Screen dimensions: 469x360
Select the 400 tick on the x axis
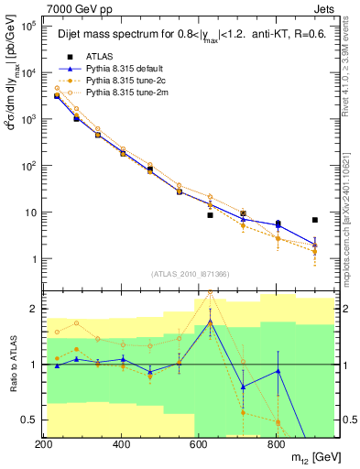coord(121,445)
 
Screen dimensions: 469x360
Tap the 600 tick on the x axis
coord(199,445)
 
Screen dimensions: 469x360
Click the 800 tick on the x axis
coord(276,445)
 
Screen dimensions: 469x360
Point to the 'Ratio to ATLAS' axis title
coord(10,365)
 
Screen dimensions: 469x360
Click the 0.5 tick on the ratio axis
coord(29,420)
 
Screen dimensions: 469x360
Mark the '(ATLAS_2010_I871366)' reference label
coord(190,275)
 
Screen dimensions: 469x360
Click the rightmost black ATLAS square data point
coord(314,220)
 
